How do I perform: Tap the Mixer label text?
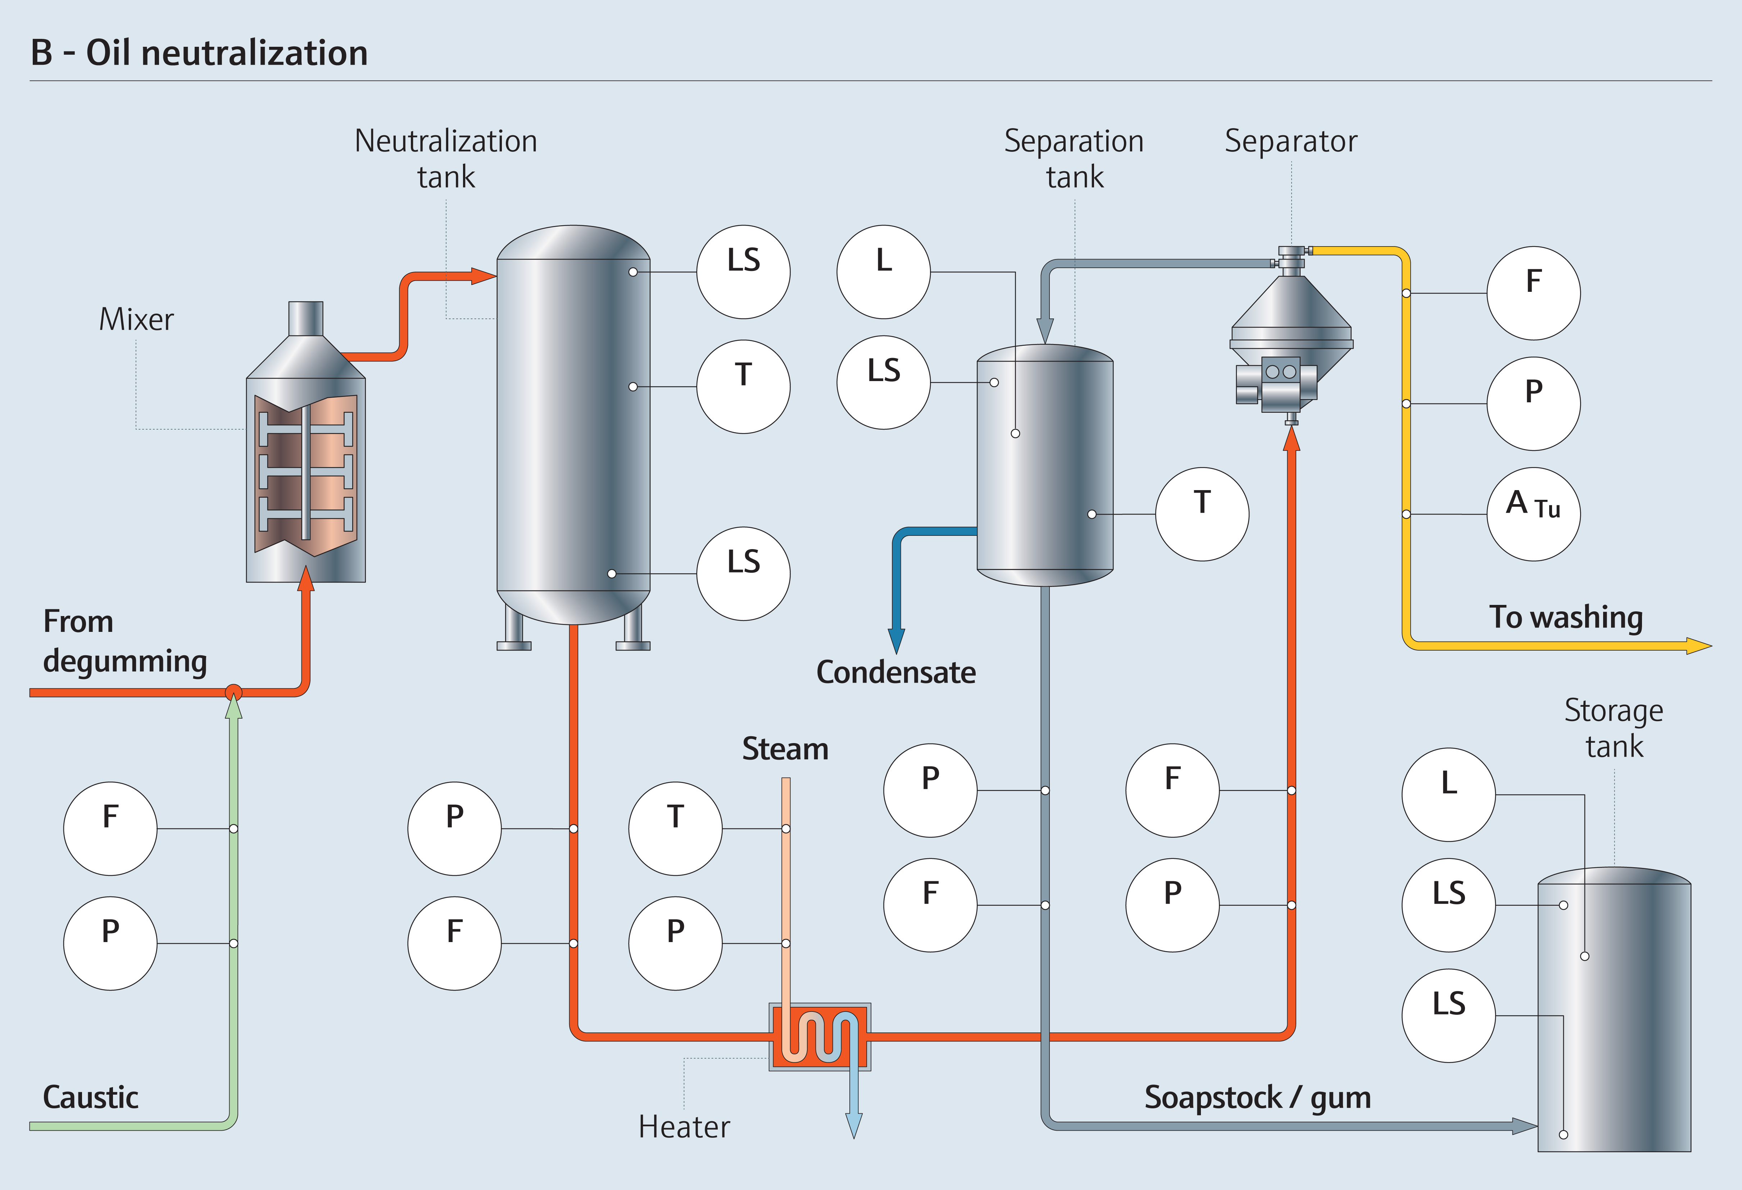coord(136,320)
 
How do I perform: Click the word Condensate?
coord(896,672)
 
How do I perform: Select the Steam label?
coord(785,748)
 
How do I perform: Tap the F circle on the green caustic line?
coord(110,829)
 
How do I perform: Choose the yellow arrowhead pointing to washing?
coord(1698,646)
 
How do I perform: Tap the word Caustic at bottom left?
coord(91,1097)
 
